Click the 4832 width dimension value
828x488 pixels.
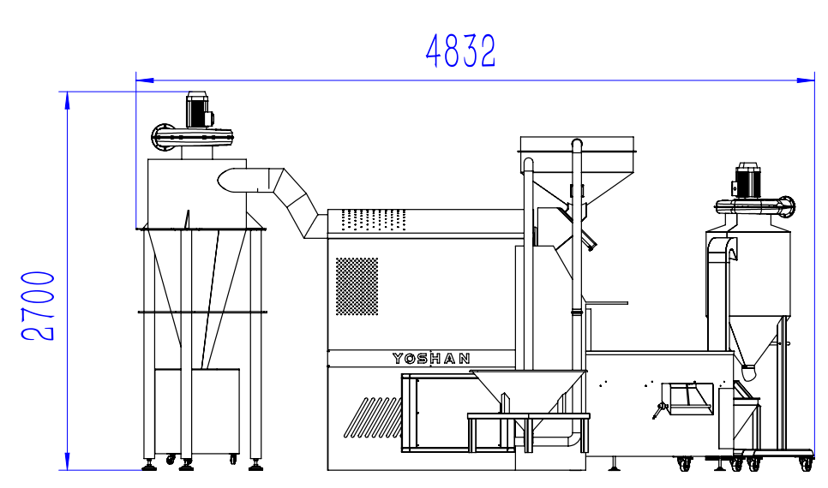[460, 51]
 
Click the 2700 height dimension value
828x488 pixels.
[38, 306]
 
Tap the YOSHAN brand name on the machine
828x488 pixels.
[431, 359]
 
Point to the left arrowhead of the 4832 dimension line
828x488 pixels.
[145, 80]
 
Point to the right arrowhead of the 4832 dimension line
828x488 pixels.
[806, 80]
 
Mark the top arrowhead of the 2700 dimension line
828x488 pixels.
[67, 100]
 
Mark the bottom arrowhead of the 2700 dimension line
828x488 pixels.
[67, 461]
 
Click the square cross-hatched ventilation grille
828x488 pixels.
[357, 287]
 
